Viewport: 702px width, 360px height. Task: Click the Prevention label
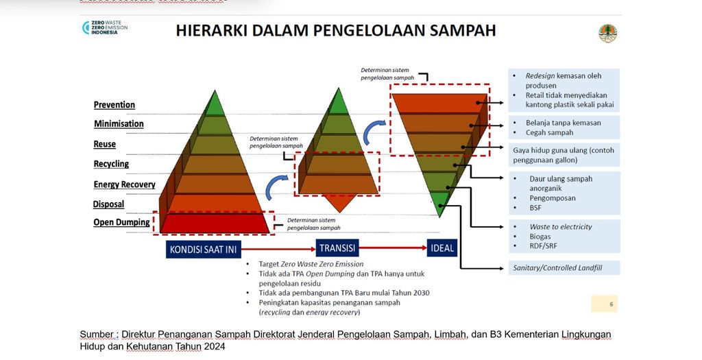[x=114, y=105]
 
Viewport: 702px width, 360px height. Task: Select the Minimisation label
[x=119, y=124]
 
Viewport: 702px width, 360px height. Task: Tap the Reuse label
[x=105, y=144]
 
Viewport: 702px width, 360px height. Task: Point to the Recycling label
[x=111, y=164]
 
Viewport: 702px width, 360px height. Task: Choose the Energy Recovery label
[x=124, y=184]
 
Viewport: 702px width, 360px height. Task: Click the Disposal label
[x=109, y=204]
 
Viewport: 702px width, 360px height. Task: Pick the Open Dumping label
[x=121, y=222]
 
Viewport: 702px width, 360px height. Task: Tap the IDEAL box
[x=442, y=248]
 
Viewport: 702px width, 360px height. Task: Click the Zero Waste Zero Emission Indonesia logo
[x=104, y=28]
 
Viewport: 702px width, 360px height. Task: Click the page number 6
[x=611, y=303]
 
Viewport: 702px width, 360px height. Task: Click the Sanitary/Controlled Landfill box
[x=564, y=267]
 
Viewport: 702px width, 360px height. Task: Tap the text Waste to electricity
[x=560, y=226]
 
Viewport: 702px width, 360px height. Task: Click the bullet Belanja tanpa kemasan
[x=563, y=123]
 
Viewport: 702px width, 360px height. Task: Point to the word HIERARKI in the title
[x=215, y=31]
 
